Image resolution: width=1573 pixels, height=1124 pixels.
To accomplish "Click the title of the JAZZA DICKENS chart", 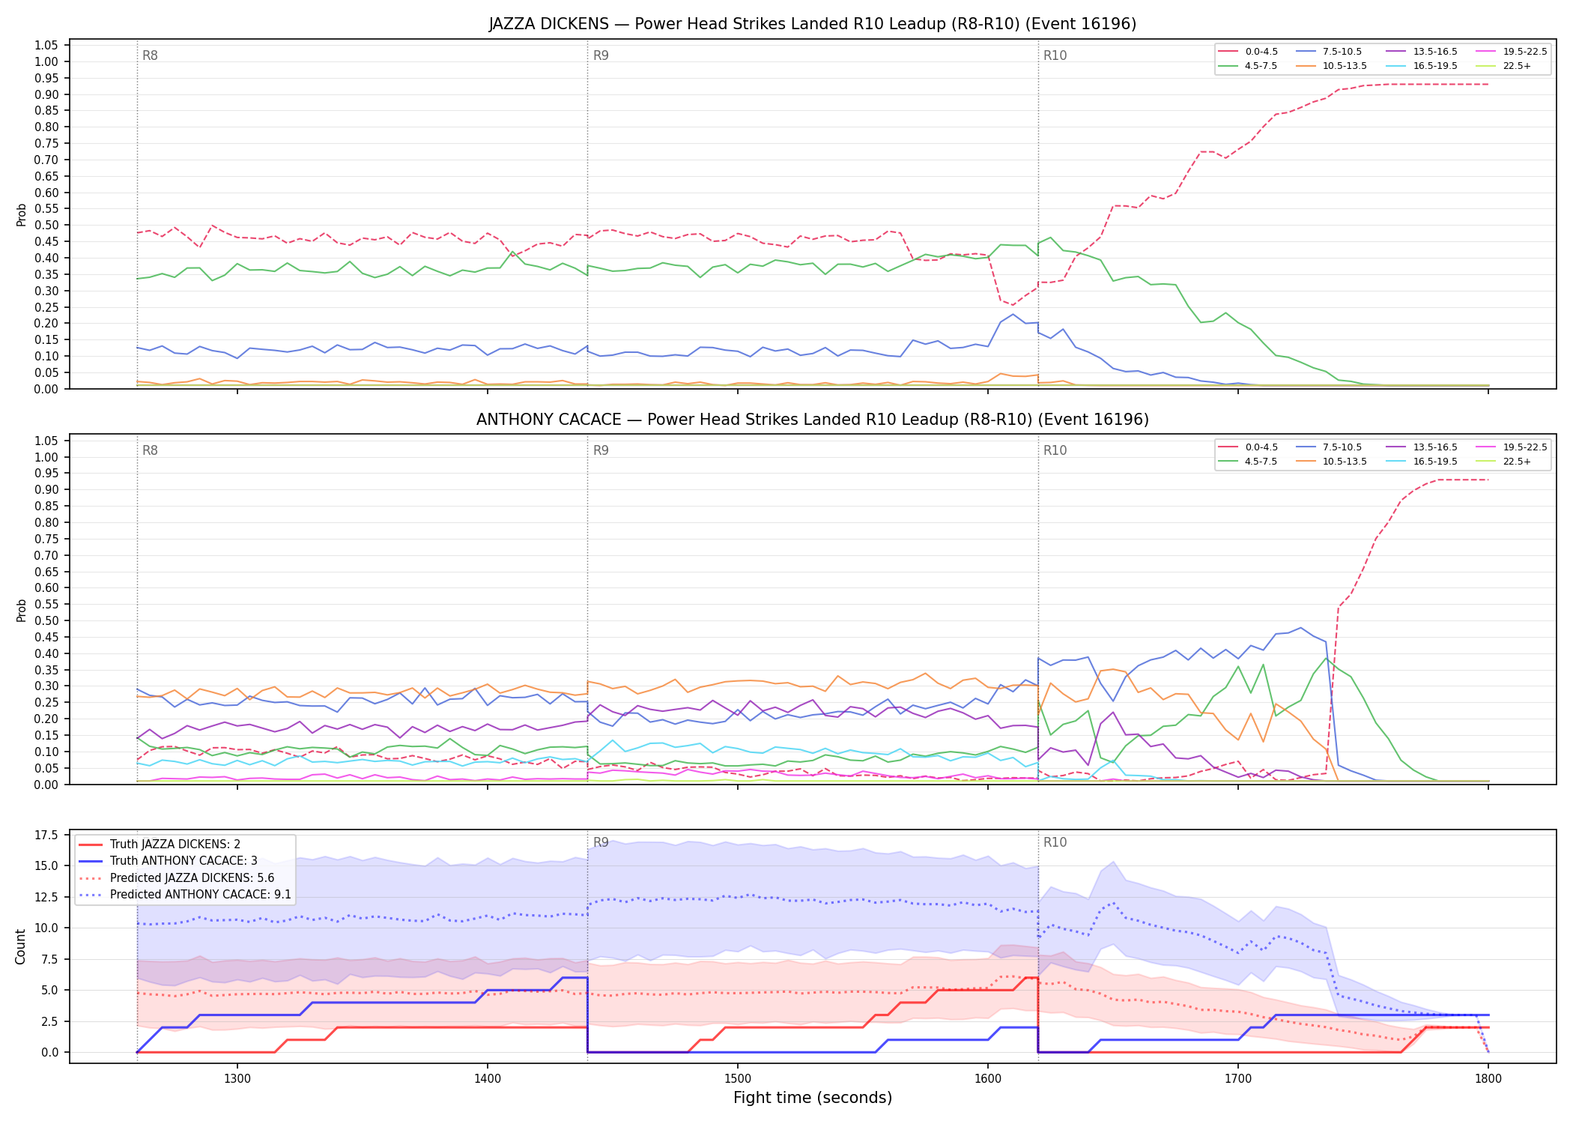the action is [x=813, y=24].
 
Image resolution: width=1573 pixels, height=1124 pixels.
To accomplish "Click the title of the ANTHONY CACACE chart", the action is [x=813, y=420].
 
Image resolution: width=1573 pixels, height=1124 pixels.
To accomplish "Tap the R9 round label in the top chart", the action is [x=601, y=55].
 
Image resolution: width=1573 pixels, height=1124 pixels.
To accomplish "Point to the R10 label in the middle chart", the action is [x=1055, y=450].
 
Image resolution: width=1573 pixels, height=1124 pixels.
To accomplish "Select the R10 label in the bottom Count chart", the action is [x=1055, y=842].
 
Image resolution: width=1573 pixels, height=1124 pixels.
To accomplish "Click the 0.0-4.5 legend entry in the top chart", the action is [x=1249, y=52].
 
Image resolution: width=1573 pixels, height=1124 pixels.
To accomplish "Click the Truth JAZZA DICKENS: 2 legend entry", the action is [x=160, y=844].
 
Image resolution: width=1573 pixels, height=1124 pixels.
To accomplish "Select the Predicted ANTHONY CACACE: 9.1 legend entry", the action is [x=184, y=895].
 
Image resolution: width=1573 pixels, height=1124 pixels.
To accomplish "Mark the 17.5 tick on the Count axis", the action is [x=47, y=836].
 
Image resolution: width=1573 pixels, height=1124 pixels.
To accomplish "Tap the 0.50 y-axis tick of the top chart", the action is [x=46, y=226].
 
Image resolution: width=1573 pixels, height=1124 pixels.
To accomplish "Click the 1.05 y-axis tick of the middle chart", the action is [x=46, y=441].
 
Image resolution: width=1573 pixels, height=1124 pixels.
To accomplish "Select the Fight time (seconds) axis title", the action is [x=813, y=1099].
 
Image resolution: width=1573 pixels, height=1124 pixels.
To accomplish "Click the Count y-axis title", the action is [x=20, y=946].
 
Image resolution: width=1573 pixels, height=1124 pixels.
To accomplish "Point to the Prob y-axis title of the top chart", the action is [x=21, y=215].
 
